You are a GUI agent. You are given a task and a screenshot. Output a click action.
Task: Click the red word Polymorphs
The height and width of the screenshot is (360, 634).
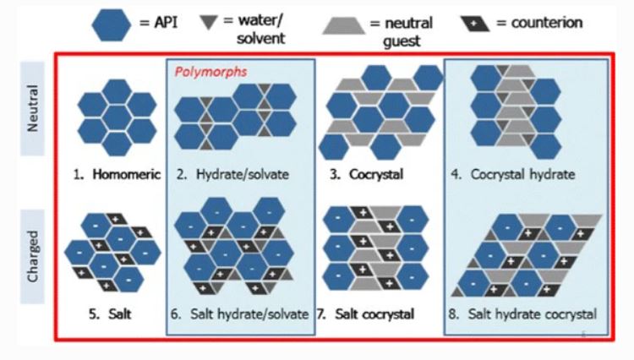[x=211, y=72]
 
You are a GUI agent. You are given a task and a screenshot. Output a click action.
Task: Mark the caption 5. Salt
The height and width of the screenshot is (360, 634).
[x=107, y=314]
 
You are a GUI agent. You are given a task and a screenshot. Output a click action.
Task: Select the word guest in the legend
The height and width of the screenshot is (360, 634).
[x=399, y=39]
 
